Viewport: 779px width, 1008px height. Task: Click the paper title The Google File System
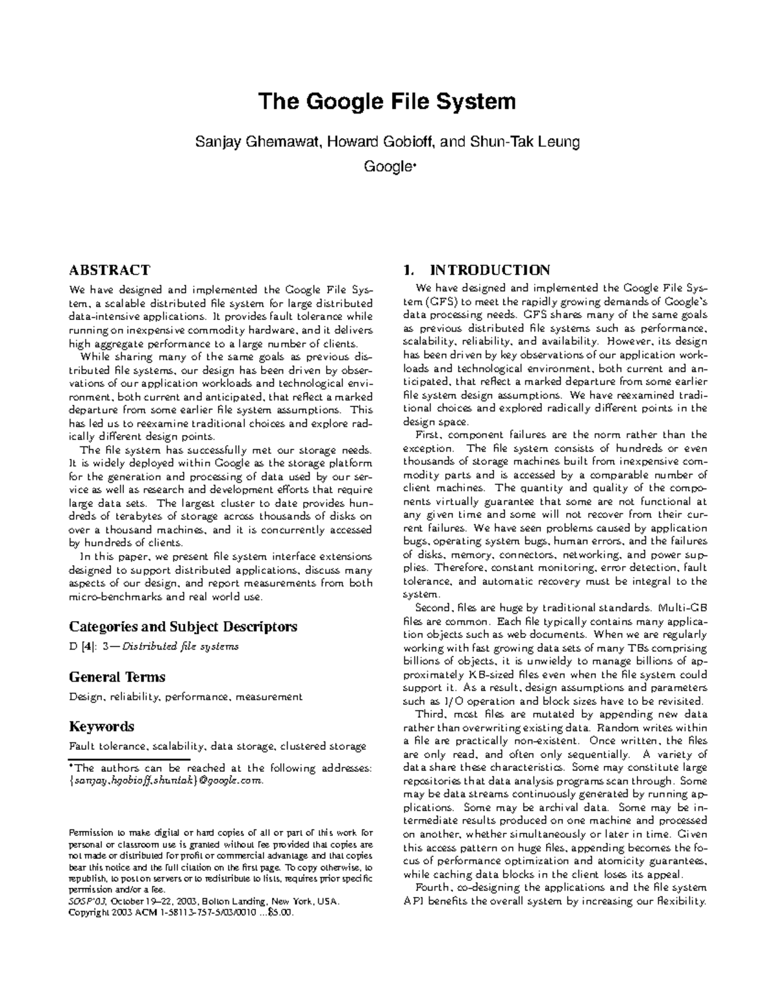[388, 102]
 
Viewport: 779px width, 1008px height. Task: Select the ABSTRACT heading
[109, 270]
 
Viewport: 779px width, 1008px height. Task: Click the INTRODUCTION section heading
[490, 270]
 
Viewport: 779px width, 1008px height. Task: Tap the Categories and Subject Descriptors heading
[182, 626]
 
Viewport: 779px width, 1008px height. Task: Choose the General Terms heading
[117, 677]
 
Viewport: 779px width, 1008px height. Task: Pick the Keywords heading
[101, 726]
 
